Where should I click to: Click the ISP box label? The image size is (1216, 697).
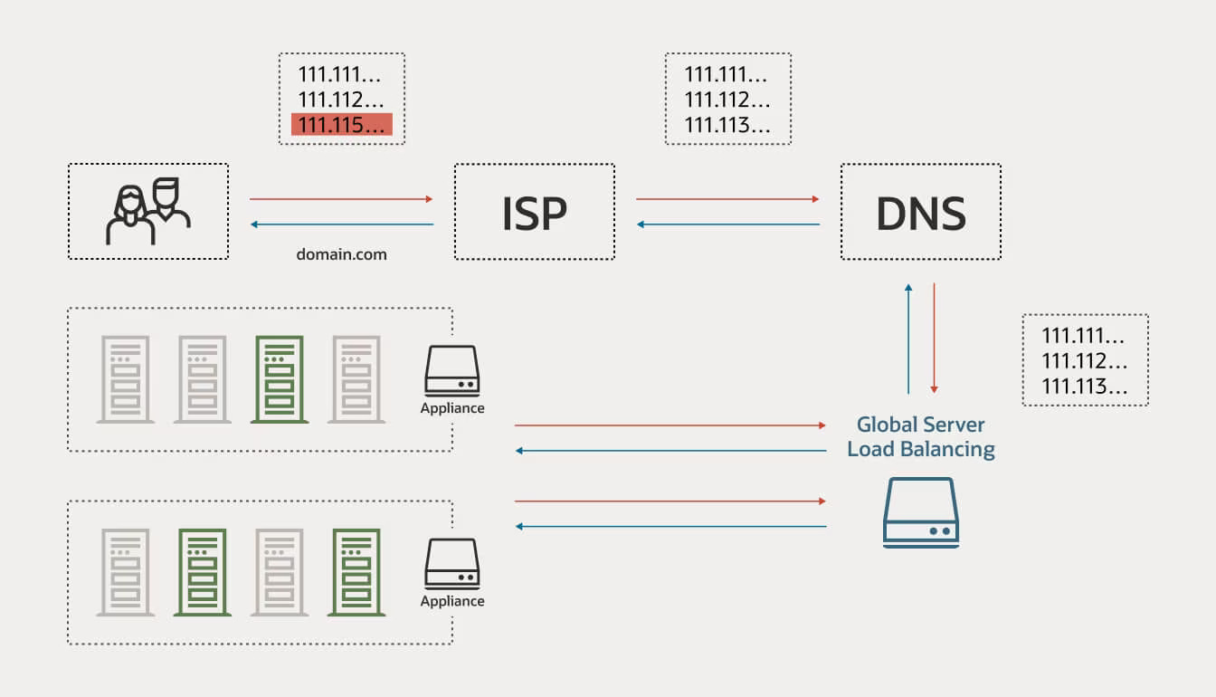pyautogui.click(x=534, y=212)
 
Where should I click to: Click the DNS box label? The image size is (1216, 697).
pyautogui.click(x=920, y=212)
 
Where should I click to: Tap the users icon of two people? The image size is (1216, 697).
pyautogui.click(x=148, y=211)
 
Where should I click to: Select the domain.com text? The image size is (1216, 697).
pyautogui.click(x=341, y=254)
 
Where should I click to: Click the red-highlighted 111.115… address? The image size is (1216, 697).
pyautogui.click(x=341, y=125)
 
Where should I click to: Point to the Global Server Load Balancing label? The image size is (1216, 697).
pyautogui.click(x=921, y=436)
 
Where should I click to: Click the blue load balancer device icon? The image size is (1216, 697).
pyautogui.click(x=920, y=512)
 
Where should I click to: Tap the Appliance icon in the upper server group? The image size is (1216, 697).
pyautogui.click(x=451, y=371)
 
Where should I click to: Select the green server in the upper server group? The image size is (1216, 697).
pyautogui.click(x=279, y=379)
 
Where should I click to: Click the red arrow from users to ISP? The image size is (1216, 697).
pyautogui.click(x=341, y=199)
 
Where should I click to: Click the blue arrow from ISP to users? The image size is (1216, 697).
pyautogui.click(x=341, y=224)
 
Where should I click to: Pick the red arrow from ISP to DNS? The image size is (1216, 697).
pyautogui.click(x=727, y=199)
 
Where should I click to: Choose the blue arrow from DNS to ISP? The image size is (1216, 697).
pyautogui.click(x=727, y=224)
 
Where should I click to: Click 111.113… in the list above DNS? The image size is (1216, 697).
pyautogui.click(x=727, y=126)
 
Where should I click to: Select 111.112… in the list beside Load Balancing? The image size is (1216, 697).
pyautogui.click(x=1084, y=361)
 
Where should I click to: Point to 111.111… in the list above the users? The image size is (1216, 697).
pyautogui.click(x=340, y=75)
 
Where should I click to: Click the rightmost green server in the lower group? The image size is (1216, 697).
pyautogui.click(x=356, y=572)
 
